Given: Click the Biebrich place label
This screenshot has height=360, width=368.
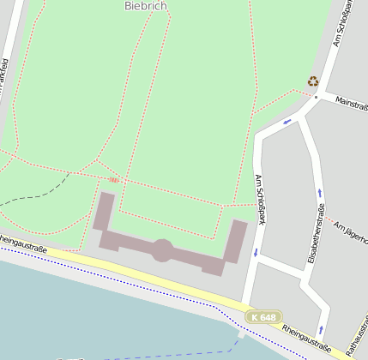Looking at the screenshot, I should (x=146, y=6).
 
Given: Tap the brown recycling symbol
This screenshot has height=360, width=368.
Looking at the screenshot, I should (x=313, y=81).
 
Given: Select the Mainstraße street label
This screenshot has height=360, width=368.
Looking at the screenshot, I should (x=351, y=102).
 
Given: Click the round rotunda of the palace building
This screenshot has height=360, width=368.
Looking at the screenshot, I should (x=161, y=250).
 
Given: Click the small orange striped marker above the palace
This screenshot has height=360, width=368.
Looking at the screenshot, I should (x=114, y=181).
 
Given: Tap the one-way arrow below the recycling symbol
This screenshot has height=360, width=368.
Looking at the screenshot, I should (x=287, y=121).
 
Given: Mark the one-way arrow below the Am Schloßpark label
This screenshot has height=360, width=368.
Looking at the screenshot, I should (x=256, y=252).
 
